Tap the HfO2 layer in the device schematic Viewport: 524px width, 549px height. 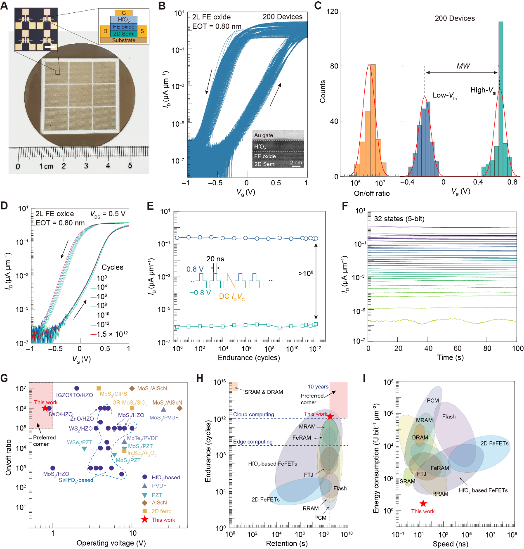tap(123, 19)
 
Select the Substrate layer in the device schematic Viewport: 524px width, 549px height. tap(123, 40)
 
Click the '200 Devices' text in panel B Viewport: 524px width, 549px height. tap(282, 17)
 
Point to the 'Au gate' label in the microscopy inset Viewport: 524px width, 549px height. tap(264, 135)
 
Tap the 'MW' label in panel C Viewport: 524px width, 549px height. tap(463, 66)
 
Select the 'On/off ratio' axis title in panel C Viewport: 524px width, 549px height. tap(371, 193)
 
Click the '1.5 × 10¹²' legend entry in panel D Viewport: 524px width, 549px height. tap(112, 334)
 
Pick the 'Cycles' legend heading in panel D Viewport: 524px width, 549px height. tap(112, 267)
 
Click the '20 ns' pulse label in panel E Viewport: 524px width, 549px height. tap(215, 259)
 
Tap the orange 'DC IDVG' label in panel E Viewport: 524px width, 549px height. tap(232, 296)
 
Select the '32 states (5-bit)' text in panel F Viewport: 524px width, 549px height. tap(399, 219)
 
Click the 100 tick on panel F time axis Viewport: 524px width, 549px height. tap(517, 348)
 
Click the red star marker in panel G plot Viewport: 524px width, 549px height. tap(45, 408)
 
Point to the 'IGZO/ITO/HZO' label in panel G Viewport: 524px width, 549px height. tap(74, 395)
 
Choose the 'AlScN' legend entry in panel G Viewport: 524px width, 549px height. tap(159, 503)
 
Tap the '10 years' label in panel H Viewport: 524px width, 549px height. tap(318, 387)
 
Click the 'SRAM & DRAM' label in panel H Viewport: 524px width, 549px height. tap(264, 392)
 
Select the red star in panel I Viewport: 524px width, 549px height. tap(423, 504)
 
